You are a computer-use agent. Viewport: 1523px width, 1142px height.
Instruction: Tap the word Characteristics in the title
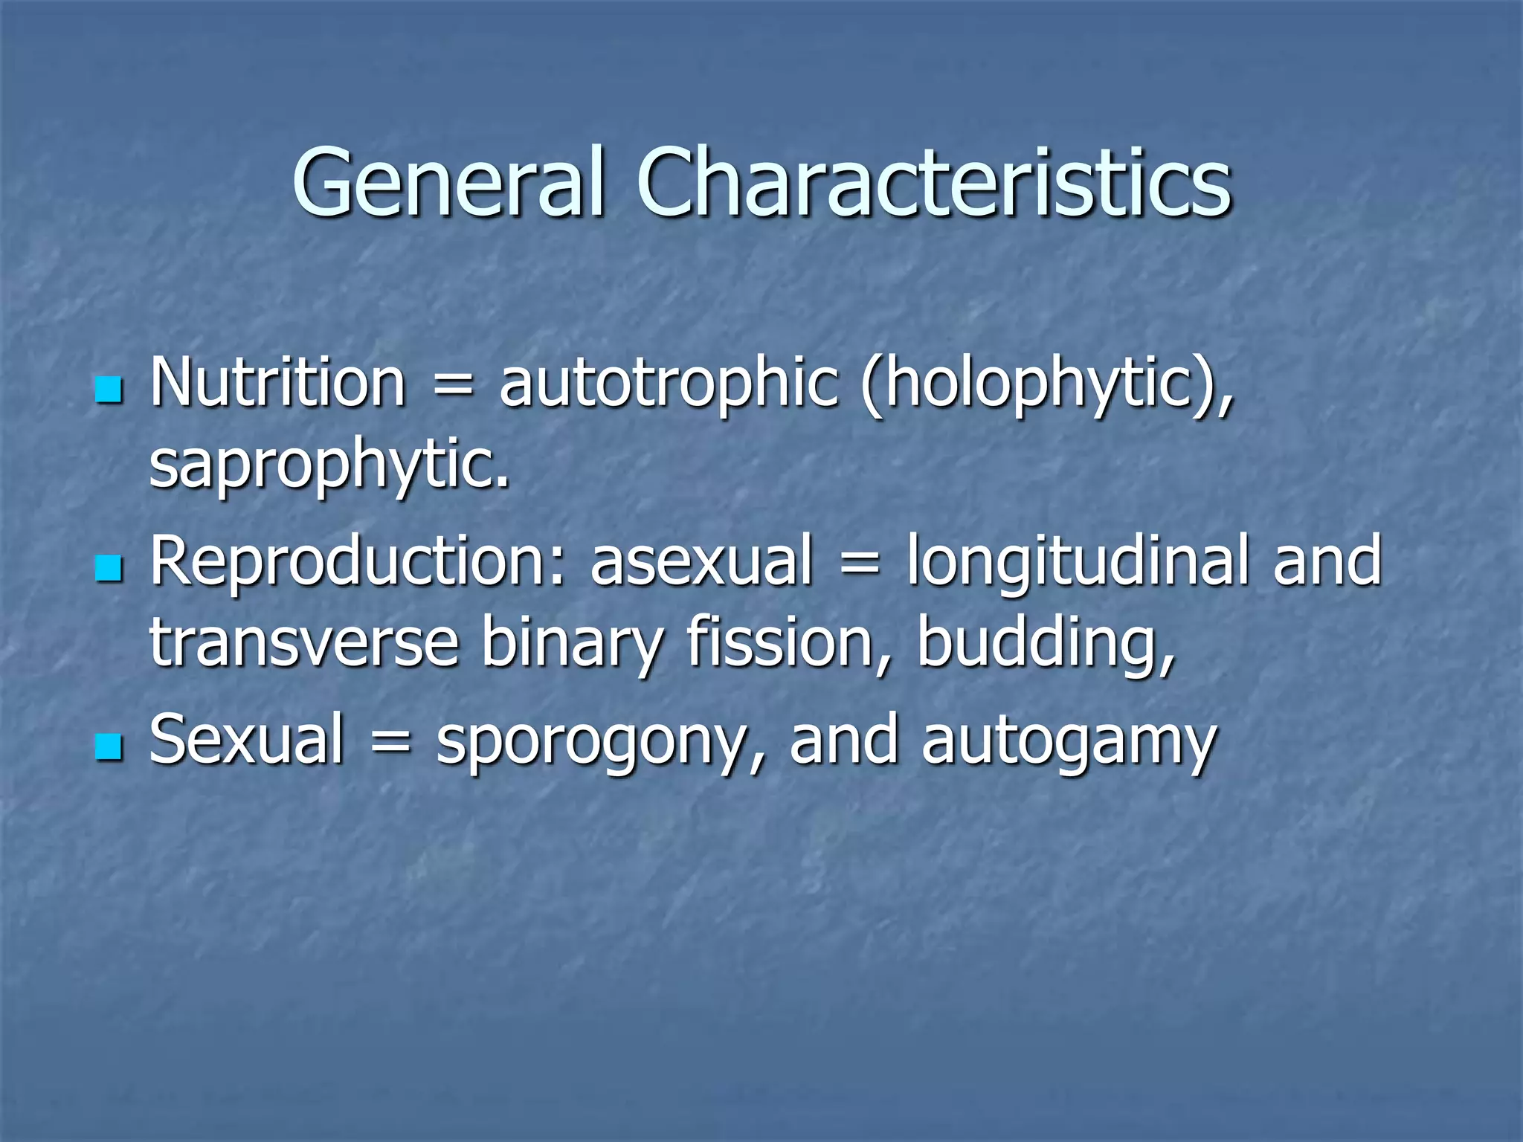coord(933,182)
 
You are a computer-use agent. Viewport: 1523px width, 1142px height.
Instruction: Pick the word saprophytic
coord(329,465)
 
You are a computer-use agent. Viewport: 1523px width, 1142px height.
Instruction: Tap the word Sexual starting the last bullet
coord(247,740)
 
